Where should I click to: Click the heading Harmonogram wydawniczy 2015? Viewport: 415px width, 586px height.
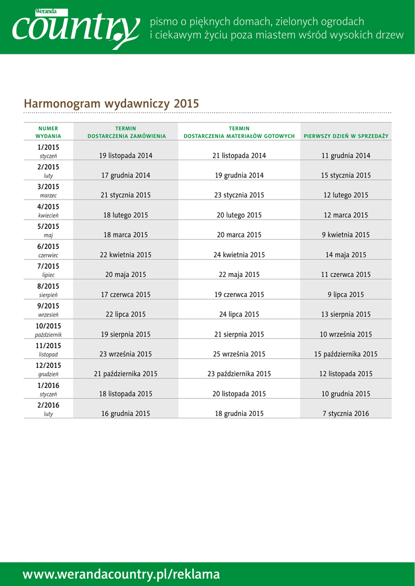(x=111, y=104)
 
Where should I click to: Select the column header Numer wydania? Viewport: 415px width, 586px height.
(x=48, y=132)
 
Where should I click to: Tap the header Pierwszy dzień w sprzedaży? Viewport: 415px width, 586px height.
(x=346, y=136)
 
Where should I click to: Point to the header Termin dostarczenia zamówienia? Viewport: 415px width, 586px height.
(x=126, y=132)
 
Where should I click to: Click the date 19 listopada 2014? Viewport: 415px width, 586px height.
(x=126, y=156)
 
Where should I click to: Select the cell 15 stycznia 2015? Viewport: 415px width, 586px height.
(x=346, y=176)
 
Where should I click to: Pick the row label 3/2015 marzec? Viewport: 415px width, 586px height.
(x=48, y=191)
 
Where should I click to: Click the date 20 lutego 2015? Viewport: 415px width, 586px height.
(x=239, y=215)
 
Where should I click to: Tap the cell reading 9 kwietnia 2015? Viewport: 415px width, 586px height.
(x=346, y=235)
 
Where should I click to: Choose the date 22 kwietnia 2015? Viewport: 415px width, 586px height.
(x=126, y=255)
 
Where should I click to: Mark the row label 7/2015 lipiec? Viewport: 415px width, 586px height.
(x=48, y=270)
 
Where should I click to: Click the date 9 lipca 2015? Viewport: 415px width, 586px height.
(x=346, y=295)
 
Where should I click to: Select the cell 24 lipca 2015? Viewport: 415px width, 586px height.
(x=239, y=315)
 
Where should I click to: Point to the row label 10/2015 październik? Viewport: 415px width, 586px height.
(x=48, y=330)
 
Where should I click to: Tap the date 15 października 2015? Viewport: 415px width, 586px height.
(x=346, y=354)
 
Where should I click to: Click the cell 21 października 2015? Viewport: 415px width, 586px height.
(x=126, y=374)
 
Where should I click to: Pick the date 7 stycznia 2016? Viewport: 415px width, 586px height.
(x=346, y=414)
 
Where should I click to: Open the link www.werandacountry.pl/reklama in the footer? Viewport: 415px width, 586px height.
(x=121, y=575)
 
